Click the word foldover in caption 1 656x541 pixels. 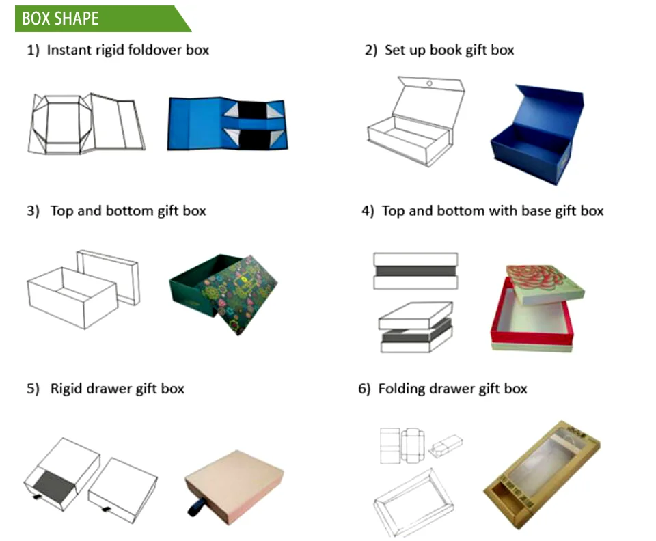155,50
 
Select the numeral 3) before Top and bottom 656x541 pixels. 33,210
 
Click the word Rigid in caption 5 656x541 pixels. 66,389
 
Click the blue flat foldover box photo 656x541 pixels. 228,124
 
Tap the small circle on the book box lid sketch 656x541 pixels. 429,83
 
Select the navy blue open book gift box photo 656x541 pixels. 536,135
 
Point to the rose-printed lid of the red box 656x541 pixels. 545,284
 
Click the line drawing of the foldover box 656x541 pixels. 87,124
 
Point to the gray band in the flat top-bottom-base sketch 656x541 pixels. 415,271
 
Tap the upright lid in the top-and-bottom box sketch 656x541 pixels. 108,277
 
